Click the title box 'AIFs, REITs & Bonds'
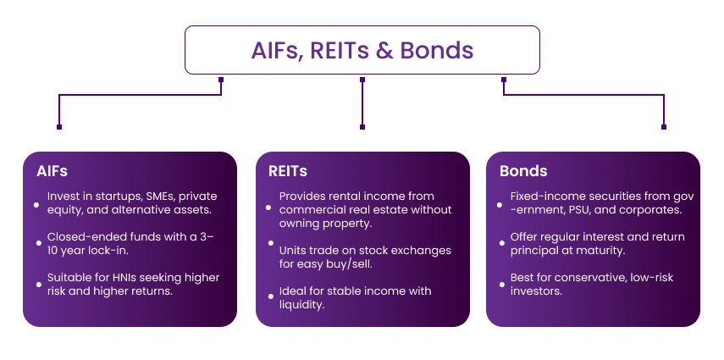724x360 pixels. [x=362, y=50]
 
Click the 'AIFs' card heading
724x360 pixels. [x=52, y=171]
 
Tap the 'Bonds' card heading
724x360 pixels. [x=522, y=171]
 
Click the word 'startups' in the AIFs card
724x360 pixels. [x=106, y=197]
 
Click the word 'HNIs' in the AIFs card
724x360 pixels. [x=120, y=278]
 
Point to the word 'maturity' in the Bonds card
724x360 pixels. [x=604, y=250]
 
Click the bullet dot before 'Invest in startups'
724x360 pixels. [x=36, y=203]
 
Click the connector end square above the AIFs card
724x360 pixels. [x=59, y=127]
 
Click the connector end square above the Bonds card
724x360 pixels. [x=663, y=127]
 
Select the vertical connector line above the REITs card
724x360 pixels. [x=362, y=103]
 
